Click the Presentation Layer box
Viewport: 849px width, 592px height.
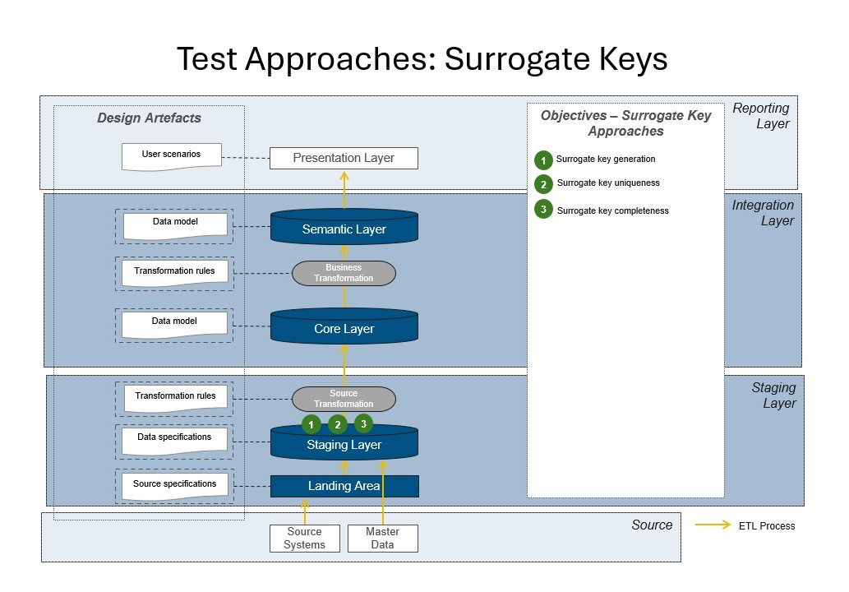tap(344, 158)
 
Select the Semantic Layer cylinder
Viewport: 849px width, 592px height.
tap(344, 229)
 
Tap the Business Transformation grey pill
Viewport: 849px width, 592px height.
tap(344, 273)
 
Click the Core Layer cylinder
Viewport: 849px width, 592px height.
tap(344, 329)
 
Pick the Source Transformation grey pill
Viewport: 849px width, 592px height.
tap(344, 399)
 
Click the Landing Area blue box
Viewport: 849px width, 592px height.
tap(344, 486)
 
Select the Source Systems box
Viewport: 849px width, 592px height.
tap(304, 539)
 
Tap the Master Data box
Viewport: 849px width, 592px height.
tap(382, 539)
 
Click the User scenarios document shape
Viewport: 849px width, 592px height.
tap(171, 155)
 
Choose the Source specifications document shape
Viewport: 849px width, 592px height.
tap(174, 485)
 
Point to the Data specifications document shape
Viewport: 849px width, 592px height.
tap(174, 439)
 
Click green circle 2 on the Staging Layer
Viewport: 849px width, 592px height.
tap(338, 424)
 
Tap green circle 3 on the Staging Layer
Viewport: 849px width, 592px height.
tap(363, 423)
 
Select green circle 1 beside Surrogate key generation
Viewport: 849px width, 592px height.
tap(543, 160)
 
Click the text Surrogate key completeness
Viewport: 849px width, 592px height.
tap(612, 210)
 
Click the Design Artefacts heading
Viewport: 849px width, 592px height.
tap(149, 118)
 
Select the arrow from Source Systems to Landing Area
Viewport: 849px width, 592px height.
tap(305, 511)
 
